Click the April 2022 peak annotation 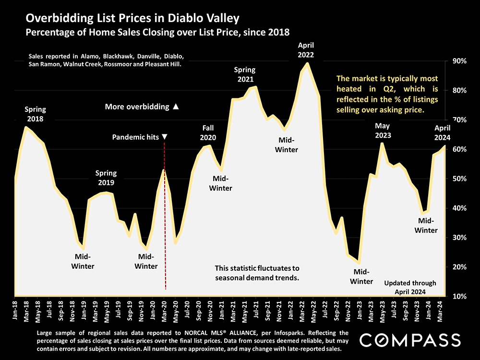tap(306, 50)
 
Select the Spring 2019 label tap(106, 178)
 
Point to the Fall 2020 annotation tap(208, 132)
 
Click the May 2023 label tap(383, 131)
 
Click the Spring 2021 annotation tap(245, 74)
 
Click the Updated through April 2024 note tap(410, 287)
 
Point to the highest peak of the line tap(307, 64)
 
